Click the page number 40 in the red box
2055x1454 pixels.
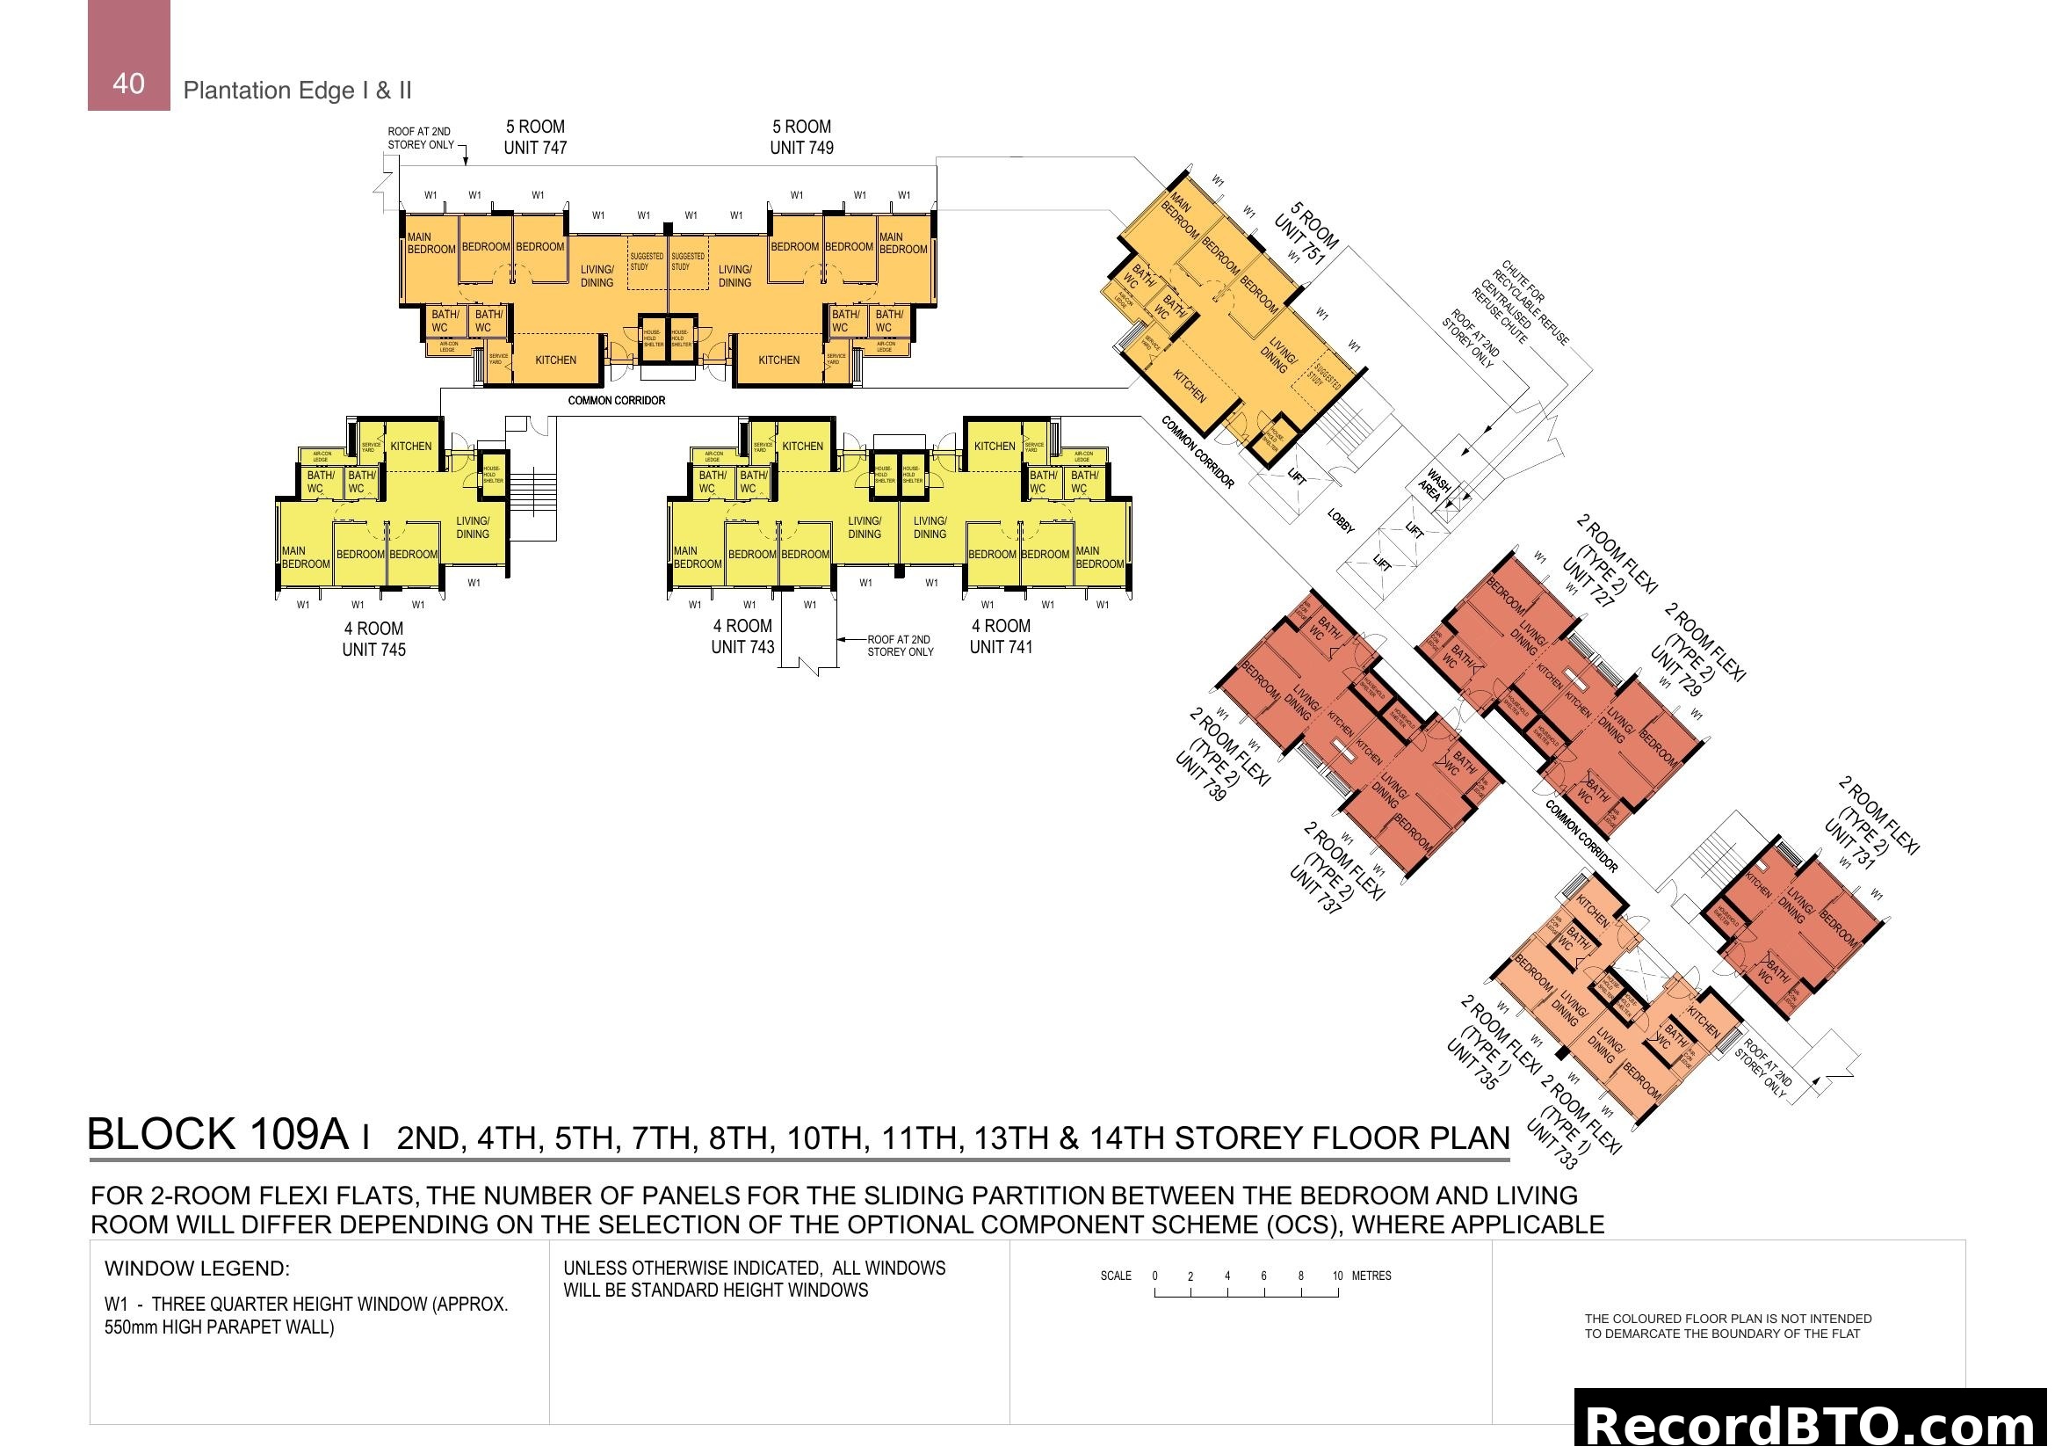[x=129, y=84]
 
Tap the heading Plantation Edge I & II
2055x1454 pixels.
[x=297, y=91]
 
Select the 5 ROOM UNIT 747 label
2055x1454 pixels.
[x=535, y=137]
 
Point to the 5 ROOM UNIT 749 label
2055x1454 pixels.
[x=802, y=137]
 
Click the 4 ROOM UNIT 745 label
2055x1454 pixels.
[x=374, y=639]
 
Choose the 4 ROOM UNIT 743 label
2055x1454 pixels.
[x=743, y=636]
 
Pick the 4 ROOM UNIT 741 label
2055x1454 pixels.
[x=1002, y=636]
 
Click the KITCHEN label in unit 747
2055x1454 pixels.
[x=556, y=360]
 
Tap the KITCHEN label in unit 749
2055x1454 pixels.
[x=778, y=360]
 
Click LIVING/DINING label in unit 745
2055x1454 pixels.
[x=473, y=527]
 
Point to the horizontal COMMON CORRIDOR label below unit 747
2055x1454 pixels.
[x=617, y=400]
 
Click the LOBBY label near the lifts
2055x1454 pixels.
[x=1341, y=521]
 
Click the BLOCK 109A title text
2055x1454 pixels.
[x=218, y=1134]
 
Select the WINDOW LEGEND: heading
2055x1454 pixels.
[x=197, y=1269]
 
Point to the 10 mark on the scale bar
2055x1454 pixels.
[x=1337, y=1276]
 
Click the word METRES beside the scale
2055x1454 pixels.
[x=1371, y=1276]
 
